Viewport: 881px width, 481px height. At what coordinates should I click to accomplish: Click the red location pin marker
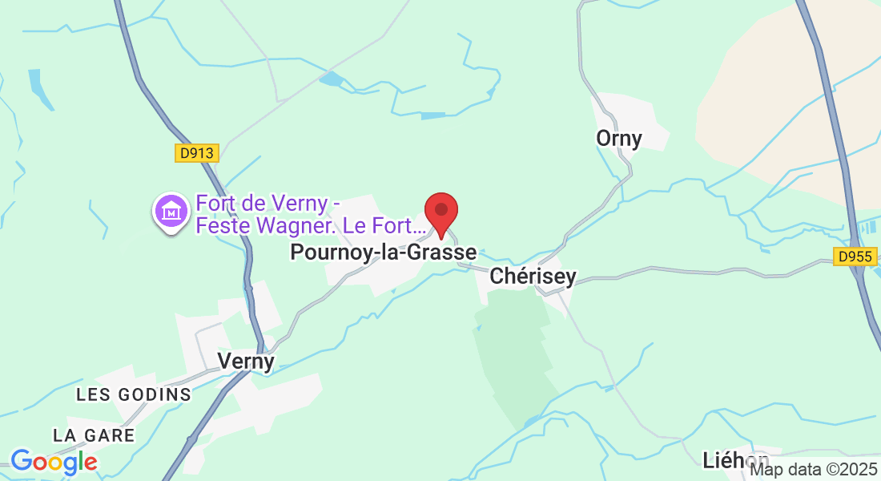click(440, 212)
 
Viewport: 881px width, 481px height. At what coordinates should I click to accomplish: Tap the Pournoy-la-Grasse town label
click(383, 253)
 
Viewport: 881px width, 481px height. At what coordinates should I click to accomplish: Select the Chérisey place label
click(533, 277)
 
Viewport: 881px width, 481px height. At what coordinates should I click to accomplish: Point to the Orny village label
click(619, 139)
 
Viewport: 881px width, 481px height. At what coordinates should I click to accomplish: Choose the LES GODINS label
click(134, 394)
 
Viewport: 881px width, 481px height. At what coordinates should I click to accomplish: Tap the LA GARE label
click(94, 435)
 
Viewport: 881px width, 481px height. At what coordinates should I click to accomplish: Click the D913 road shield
click(197, 153)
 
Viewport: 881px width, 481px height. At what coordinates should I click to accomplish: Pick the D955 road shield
click(855, 257)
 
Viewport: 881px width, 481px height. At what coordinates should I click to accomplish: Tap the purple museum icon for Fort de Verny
click(171, 212)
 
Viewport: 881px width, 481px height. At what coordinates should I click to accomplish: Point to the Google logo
click(54, 462)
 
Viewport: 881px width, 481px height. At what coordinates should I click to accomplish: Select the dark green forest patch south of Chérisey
click(513, 353)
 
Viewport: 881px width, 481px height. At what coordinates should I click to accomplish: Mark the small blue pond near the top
click(331, 79)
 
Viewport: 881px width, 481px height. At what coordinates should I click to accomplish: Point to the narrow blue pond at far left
click(39, 88)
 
